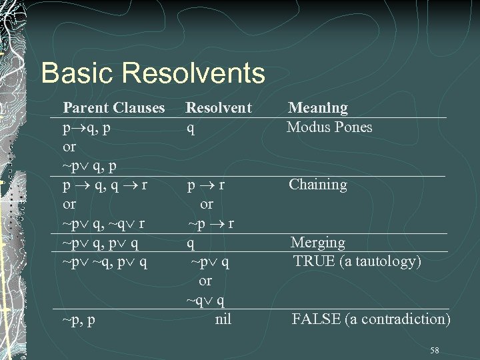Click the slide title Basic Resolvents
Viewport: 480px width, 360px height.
(153, 73)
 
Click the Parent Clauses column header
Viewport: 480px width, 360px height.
(113, 107)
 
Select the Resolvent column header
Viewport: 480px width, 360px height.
(218, 107)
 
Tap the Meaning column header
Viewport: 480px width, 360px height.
(317, 107)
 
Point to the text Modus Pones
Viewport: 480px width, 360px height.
(329, 127)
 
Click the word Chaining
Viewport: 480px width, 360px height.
(317, 185)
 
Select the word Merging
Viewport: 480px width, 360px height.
(318, 243)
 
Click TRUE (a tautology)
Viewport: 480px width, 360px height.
(357, 261)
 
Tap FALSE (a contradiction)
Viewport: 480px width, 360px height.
(371, 319)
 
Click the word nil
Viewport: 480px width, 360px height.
(223, 319)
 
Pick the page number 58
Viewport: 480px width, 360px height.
(435, 350)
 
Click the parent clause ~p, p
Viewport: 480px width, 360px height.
(79, 320)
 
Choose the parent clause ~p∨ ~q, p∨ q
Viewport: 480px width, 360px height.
(105, 262)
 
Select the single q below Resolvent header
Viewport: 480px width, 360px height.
(191, 127)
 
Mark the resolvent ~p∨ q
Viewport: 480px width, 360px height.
(210, 262)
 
